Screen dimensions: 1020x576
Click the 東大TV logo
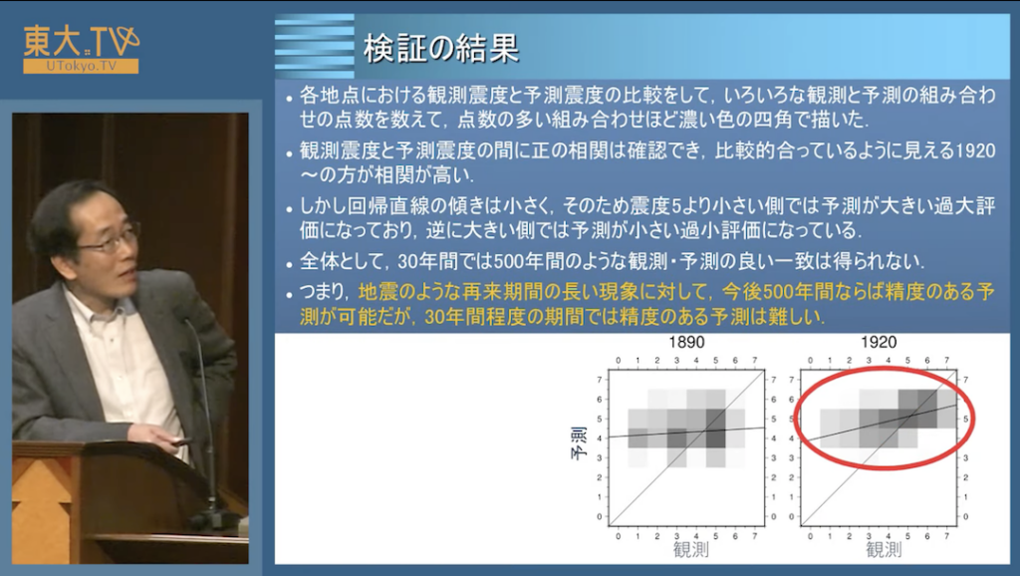tap(82, 49)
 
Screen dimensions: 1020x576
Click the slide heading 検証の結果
tap(441, 48)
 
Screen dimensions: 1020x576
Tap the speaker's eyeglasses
tap(110, 239)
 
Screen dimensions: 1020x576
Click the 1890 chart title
tap(686, 343)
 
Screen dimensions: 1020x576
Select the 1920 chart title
tap(879, 343)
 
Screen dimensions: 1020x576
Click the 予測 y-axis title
tap(579, 443)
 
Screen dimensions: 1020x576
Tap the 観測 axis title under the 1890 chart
tap(691, 550)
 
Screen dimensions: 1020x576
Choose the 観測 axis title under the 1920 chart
tap(884, 550)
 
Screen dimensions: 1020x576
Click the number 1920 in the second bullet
tap(975, 151)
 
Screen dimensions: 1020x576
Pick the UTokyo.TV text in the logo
tap(82, 66)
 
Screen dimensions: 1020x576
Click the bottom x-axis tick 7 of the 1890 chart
tap(755, 537)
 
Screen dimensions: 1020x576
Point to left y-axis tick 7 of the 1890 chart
tap(599, 380)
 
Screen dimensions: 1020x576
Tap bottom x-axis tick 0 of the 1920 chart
tap(811, 537)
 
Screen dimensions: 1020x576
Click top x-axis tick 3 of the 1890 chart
tap(676, 360)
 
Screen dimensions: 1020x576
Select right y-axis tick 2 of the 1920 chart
tap(965, 477)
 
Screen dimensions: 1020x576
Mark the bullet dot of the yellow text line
tap(289, 295)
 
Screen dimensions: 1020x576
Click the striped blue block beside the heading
tap(314, 46)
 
